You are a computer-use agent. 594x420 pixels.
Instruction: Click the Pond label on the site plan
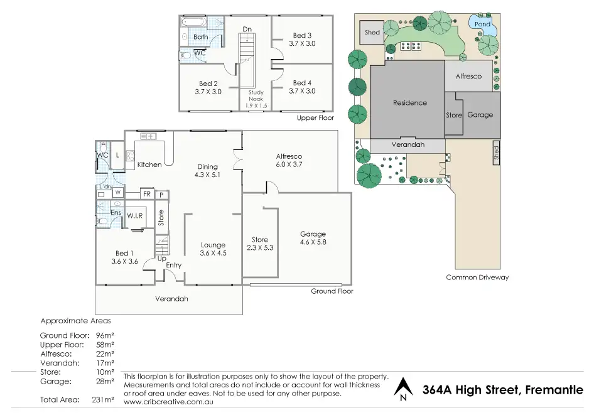482,24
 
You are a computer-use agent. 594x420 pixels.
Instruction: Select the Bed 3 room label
302,35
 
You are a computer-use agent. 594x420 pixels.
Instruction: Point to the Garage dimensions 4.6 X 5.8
313,242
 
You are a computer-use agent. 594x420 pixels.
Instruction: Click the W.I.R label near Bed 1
136,217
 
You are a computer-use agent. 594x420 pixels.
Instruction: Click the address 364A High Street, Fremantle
503,390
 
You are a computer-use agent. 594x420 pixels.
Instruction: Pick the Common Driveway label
477,277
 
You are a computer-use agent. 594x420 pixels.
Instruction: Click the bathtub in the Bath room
192,22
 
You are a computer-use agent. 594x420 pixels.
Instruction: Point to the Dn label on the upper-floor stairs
247,29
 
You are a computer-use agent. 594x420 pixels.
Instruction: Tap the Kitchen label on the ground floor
149,164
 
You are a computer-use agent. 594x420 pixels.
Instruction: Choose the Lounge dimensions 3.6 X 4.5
213,253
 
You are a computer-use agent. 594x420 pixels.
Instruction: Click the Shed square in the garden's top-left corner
372,33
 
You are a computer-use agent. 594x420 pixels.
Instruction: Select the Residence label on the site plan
409,103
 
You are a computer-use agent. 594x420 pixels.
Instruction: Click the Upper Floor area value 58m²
104,345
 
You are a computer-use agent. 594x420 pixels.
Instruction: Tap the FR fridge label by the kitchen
146,195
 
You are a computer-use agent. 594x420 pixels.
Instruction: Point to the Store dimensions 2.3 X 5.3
260,248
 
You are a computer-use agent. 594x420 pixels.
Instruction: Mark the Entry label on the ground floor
173,266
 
